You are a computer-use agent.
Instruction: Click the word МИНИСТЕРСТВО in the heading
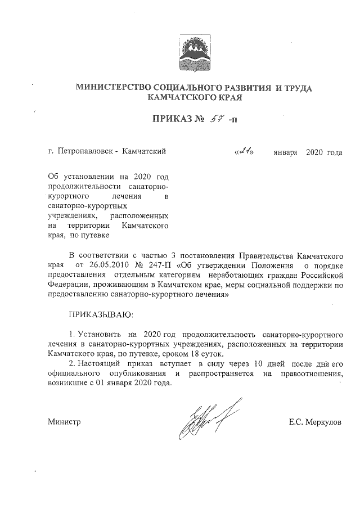pyautogui.click(x=111, y=88)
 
